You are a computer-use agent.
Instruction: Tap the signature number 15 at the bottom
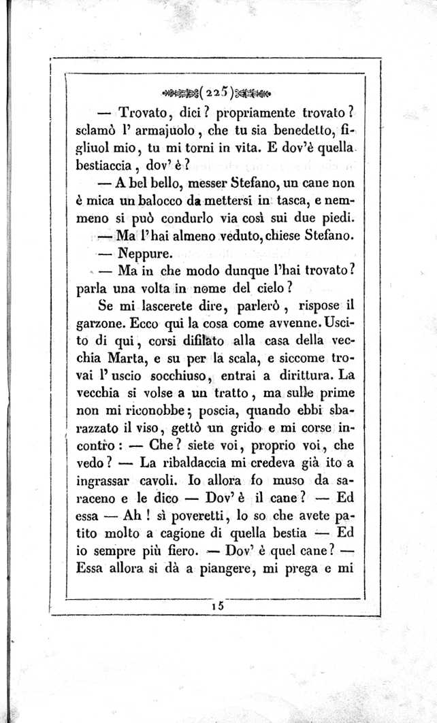(x=218, y=603)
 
